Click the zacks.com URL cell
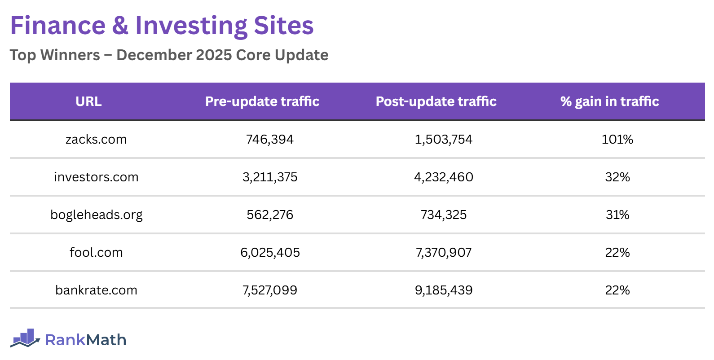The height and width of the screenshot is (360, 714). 96,139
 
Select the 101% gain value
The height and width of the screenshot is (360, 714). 617,139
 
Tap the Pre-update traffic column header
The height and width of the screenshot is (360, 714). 262,101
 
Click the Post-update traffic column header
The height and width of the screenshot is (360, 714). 436,101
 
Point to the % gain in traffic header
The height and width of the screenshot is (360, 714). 609,101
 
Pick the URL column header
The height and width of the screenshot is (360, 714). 88,101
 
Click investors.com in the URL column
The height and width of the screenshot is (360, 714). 96,177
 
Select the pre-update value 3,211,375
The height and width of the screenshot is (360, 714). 270,177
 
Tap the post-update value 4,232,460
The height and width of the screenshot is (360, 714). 444,177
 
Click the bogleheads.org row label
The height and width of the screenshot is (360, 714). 96,215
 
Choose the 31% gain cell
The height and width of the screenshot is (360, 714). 617,215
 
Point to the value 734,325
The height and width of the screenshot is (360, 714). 444,215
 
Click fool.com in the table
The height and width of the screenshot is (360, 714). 96,252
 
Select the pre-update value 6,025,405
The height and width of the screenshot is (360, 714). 270,252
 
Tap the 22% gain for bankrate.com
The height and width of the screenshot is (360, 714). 617,290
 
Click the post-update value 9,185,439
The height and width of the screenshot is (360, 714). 444,290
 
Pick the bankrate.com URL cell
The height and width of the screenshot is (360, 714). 96,290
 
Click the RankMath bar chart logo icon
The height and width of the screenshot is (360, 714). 25,338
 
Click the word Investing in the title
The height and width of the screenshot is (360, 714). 191,26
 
